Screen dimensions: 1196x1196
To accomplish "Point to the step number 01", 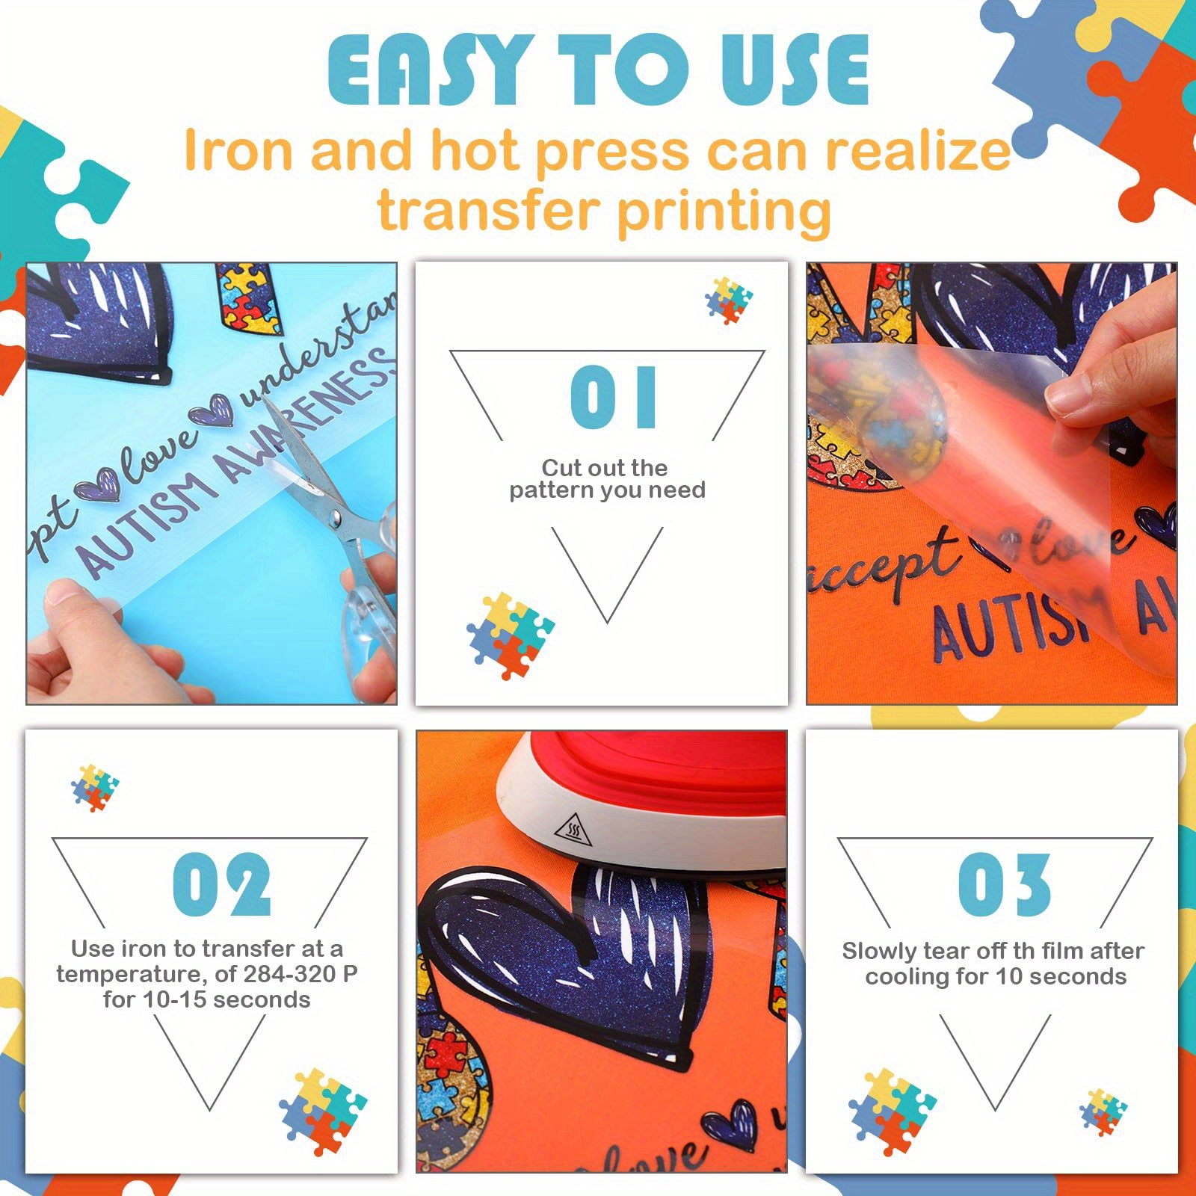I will (613, 397).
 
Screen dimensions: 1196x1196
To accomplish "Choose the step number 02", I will (221, 884).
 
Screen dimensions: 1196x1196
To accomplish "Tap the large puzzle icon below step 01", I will (510, 635).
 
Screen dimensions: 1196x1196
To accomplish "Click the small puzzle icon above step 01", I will (729, 300).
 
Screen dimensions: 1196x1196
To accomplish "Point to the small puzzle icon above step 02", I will (95, 788).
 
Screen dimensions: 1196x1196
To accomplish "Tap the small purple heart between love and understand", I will (212, 410).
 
